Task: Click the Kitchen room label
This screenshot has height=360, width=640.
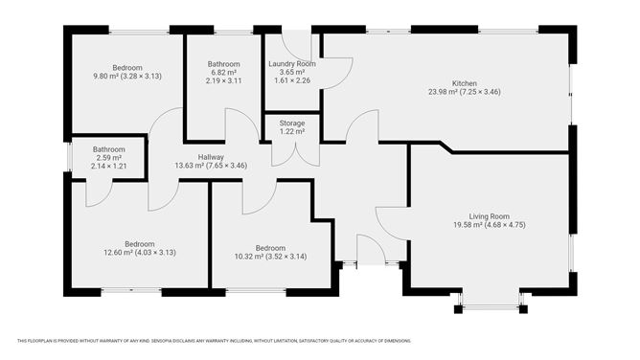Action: [x=464, y=83]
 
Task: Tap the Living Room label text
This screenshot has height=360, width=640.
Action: [x=489, y=216]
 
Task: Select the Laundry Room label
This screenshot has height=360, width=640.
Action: [x=292, y=64]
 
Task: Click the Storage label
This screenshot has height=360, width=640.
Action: [x=292, y=124]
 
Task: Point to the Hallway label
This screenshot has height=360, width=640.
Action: [x=211, y=157]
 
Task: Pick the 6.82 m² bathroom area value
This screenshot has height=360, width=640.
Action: [x=223, y=72]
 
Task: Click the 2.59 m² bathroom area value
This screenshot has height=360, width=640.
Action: [x=108, y=158]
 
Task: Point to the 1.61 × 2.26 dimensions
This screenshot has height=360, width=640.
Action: [x=292, y=80]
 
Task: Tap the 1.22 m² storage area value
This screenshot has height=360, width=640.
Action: [x=292, y=132]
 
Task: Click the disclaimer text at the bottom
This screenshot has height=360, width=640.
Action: [x=214, y=341]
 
